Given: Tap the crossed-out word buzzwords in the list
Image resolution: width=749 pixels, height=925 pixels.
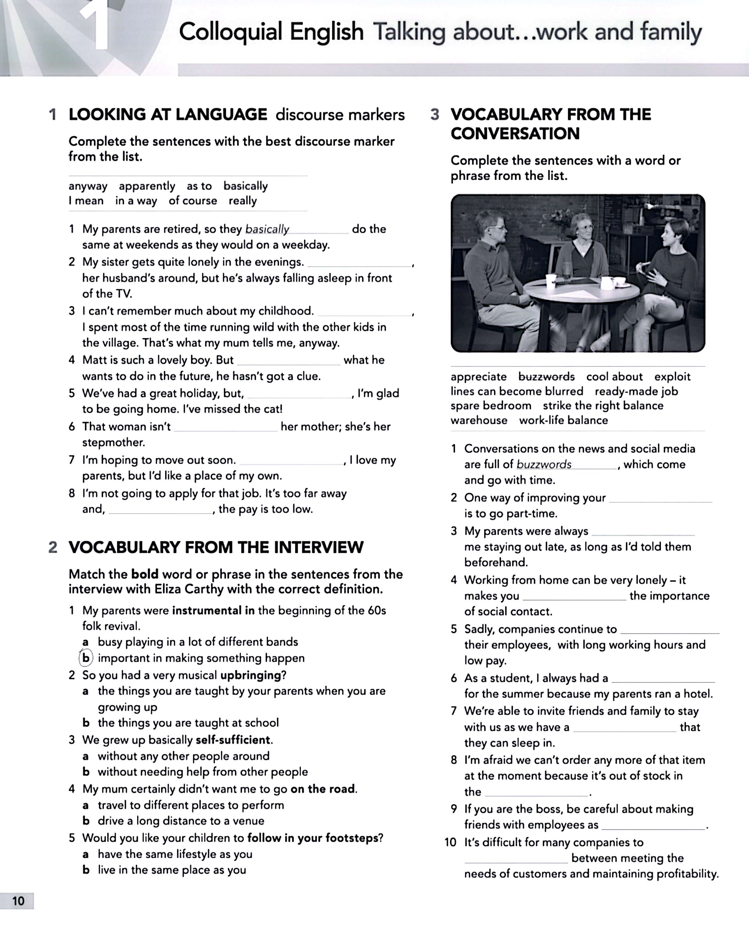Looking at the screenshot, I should point(546,377).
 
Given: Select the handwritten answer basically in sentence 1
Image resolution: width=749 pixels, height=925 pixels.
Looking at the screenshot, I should point(267,229).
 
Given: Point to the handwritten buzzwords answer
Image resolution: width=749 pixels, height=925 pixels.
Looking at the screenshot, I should point(544,464).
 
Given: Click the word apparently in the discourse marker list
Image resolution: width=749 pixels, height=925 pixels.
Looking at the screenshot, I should point(147,186).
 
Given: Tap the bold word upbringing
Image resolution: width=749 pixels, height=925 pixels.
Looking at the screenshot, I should point(250,675).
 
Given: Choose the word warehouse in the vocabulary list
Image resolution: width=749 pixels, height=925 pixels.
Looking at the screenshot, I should point(479,421).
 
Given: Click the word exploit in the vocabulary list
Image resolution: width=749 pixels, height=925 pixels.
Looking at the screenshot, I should point(672,377).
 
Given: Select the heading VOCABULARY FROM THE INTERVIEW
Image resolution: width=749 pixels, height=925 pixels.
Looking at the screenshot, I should point(216,547).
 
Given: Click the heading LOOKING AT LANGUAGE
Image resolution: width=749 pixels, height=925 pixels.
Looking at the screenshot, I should point(168,114).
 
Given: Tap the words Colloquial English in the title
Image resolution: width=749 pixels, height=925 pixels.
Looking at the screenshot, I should point(271,32).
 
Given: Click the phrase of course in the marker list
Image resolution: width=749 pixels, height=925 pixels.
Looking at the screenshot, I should point(193,201).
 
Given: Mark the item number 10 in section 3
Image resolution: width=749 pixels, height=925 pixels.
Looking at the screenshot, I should point(450,842).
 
